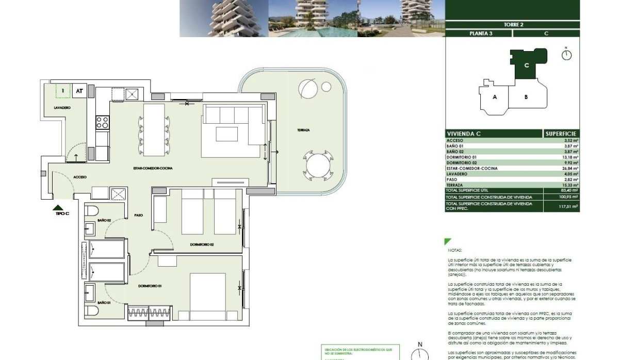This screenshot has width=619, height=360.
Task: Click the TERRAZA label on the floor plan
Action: click(303, 130)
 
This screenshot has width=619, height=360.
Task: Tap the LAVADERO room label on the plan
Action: click(62, 107)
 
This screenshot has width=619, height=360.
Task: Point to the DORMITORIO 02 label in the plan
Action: click(202, 244)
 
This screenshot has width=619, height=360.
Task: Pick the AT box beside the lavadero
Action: click(79, 91)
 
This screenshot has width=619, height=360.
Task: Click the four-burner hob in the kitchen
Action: click(102, 122)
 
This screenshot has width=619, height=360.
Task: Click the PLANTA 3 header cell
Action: click(478, 34)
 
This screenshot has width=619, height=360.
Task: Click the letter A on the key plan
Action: click(495, 97)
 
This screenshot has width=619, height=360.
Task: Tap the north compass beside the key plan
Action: click(566, 55)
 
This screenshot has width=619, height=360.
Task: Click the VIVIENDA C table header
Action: click(464, 134)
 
